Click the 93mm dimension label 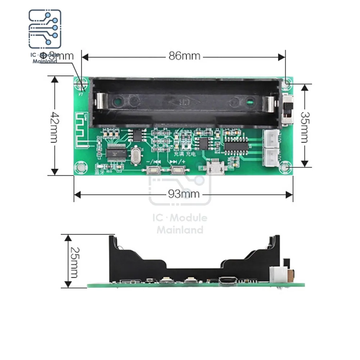pyautogui.click(x=184, y=194)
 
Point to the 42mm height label pyautogui.click(x=54, y=126)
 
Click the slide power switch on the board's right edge pyautogui.click(x=288, y=108)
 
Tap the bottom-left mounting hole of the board pyautogui.click(x=81, y=167)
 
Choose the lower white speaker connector pyautogui.click(x=271, y=157)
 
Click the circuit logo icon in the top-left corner pyautogui.click(x=45, y=29)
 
